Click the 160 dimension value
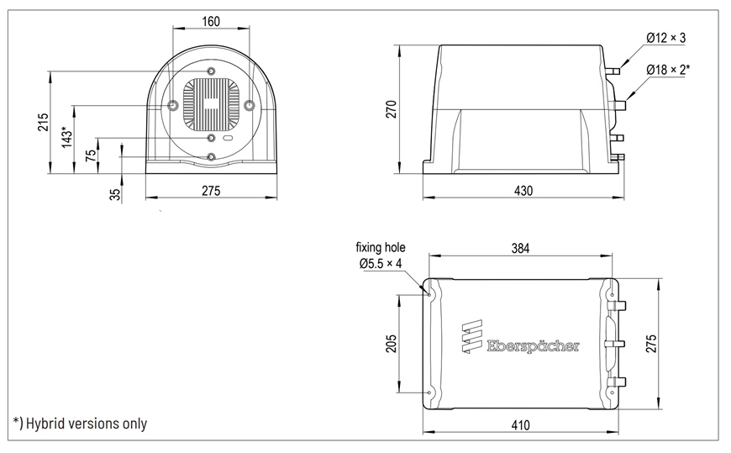point(211,22)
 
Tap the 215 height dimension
point(43,122)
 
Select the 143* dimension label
point(67,137)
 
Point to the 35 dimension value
point(115,194)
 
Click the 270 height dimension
point(392,109)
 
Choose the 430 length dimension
point(523,191)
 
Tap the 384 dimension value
point(520,248)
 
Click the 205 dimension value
point(392,344)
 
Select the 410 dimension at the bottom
point(520,425)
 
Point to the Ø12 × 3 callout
point(665,38)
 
